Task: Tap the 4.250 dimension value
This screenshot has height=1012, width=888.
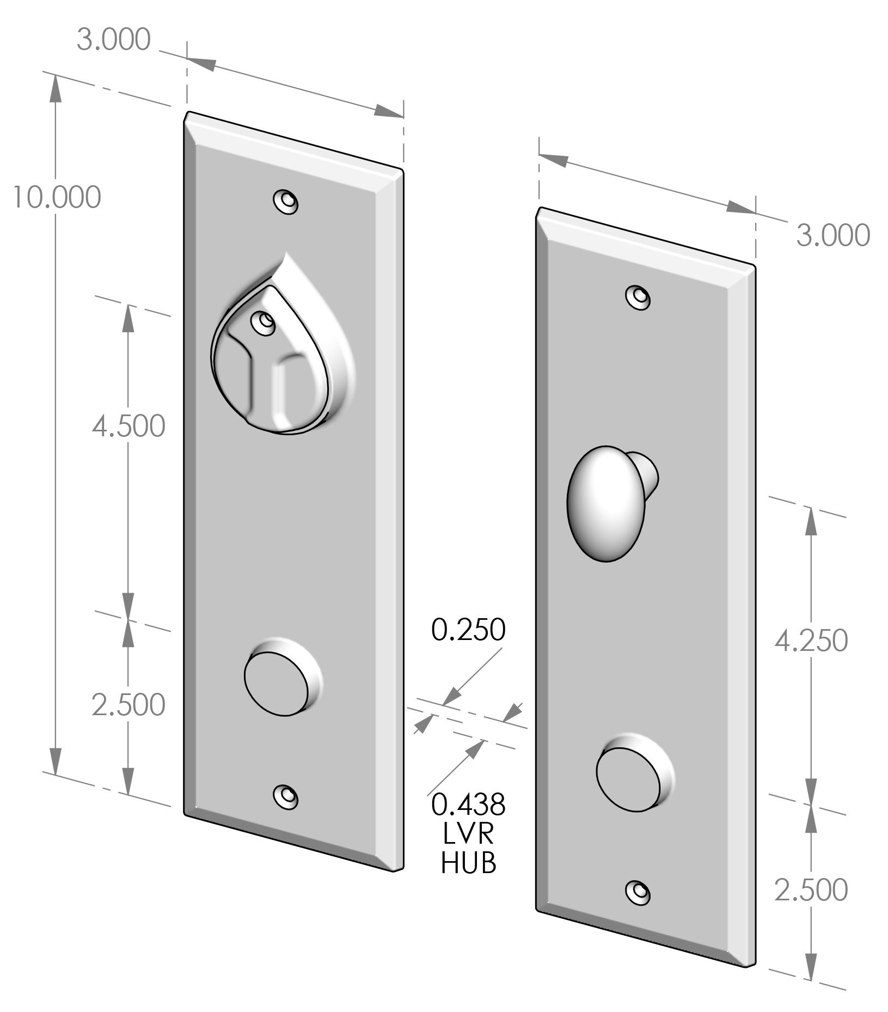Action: coord(811,640)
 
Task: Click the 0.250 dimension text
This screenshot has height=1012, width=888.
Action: coord(468,630)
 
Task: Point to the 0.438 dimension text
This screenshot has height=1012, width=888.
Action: coord(468,804)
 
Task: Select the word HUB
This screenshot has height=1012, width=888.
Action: coord(468,862)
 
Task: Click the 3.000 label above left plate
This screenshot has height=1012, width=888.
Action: coord(113,40)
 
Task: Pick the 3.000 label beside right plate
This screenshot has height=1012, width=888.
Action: coord(832,235)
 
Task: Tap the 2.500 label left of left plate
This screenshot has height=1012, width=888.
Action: coord(128,705)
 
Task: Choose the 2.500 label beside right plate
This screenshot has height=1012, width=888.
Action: coord(811,889)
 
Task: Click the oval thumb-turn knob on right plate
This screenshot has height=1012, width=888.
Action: coord(605,503)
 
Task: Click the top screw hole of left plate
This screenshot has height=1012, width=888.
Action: coord(285,201)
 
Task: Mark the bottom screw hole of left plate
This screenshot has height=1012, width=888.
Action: coord(285,796)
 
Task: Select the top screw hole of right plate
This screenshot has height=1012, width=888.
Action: coord(638,296)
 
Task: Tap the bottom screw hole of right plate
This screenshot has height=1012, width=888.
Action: coord(638,891)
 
